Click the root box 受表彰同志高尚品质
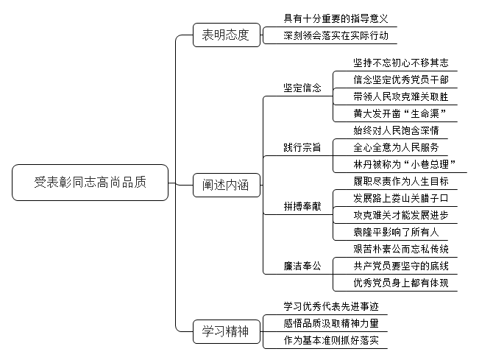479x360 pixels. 90,183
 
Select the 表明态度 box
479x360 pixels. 227,35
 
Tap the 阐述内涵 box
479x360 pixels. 227,185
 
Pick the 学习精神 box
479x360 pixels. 227,331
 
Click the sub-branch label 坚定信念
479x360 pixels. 302,88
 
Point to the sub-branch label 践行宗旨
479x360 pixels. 302,147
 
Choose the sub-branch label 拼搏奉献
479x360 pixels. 302,206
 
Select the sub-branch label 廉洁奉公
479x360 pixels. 302,266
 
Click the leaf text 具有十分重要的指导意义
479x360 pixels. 336,18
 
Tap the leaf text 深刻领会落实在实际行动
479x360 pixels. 336,36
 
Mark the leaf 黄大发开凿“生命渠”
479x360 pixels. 400,113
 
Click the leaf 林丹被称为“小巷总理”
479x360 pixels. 405,164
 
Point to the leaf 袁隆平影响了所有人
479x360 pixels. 396,232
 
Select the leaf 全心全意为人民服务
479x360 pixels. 396,147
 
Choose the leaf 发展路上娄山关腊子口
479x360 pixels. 401,198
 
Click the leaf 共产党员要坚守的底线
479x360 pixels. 401,266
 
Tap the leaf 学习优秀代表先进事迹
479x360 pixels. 331,306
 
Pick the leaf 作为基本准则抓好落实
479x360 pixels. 331,340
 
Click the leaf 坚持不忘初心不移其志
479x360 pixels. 401,63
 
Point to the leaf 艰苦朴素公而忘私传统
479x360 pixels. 401,249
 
